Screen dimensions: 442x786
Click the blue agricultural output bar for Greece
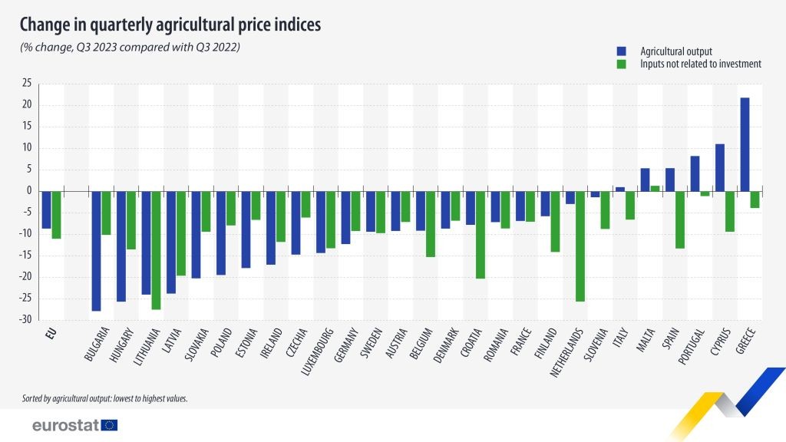[745, 144]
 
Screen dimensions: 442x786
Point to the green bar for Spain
[679, 219]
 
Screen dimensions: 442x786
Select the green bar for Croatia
[480, 234]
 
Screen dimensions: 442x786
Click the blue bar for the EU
[46, 209]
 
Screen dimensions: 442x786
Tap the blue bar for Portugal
[695, 173]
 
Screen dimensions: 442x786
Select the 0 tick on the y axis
[28, 191]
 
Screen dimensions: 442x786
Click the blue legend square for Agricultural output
[621, 51]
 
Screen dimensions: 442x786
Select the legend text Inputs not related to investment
[700, 64]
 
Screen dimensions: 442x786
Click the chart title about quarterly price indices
[170, 25]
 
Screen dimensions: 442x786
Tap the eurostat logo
[75, 425]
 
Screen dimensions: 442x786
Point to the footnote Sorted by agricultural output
[105, 399]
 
